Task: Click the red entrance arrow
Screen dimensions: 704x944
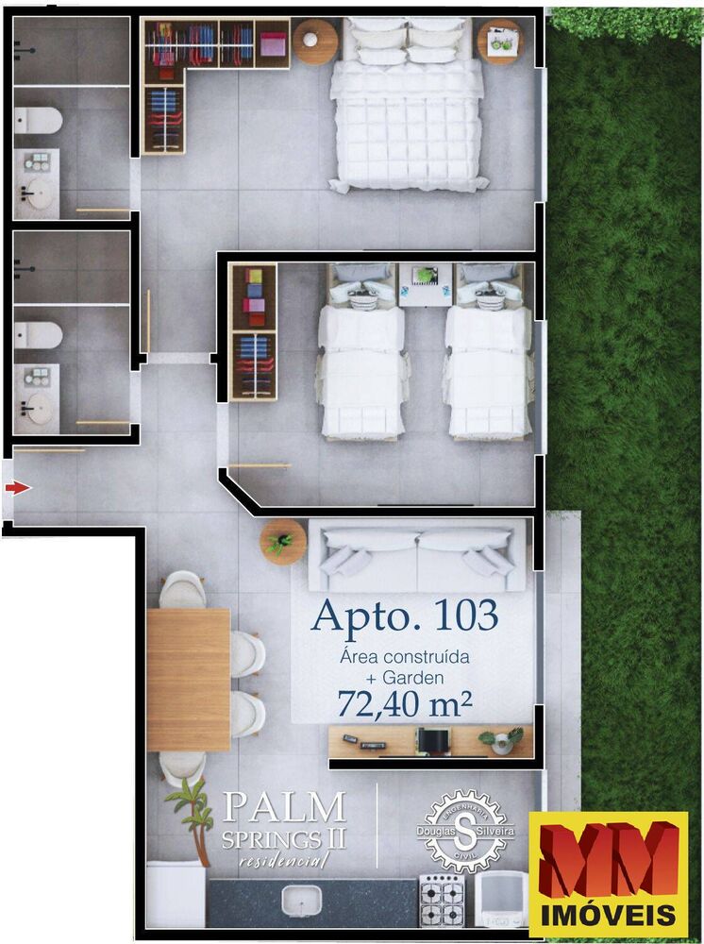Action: coord(18,488)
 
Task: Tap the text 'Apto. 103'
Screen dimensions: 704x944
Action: coord(406,615)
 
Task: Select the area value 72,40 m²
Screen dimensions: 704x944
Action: coord(404,702)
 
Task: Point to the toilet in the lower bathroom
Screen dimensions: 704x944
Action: coord(38,335)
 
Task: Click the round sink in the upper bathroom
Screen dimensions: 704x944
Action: coord(40,193)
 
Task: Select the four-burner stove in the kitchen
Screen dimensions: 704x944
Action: coord(443,900)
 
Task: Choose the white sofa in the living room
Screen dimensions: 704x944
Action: coord(417,556)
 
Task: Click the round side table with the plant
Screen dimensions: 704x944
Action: coord(283,542)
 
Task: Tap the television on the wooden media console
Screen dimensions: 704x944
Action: coord(433,741)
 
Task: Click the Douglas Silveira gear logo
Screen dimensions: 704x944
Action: coord(465,832)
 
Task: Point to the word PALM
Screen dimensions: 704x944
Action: coord(285,807)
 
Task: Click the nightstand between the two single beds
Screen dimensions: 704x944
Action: coord(426,285)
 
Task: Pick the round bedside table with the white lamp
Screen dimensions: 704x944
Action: coord(314,42)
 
